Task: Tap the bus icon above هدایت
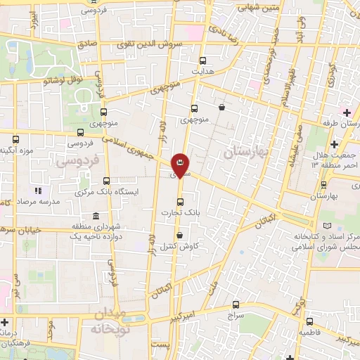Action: (203, 60)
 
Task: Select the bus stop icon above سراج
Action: (236, 304)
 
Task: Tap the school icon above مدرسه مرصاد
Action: (39, 190)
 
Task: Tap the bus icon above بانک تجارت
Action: (180, 201)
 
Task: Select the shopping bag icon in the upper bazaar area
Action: (222, 108)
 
